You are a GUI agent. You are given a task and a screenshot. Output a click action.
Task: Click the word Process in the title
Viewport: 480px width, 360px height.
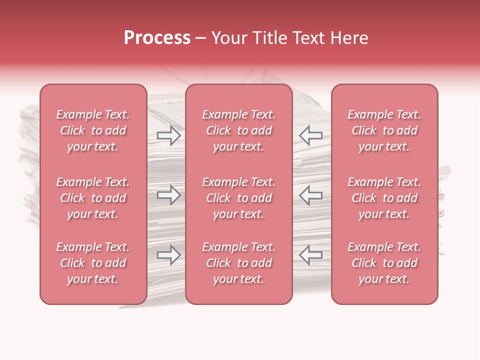157,38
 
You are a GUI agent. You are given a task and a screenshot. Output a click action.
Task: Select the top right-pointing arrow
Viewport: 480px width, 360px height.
168,135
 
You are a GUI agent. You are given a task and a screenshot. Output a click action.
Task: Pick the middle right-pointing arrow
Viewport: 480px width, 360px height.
168,195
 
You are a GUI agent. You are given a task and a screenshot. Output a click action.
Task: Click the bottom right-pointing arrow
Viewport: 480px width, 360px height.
168,255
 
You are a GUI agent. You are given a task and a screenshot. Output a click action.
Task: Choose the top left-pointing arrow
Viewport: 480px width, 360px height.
311,135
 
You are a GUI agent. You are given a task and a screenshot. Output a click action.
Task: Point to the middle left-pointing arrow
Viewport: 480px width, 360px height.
311,195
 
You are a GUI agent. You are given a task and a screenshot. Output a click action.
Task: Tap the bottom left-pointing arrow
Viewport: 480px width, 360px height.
311,255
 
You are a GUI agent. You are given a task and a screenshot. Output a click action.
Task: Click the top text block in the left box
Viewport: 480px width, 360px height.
93,130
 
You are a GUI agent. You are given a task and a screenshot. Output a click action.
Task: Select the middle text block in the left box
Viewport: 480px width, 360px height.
93,198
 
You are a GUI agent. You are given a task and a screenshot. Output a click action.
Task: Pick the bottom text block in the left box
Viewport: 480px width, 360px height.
93,263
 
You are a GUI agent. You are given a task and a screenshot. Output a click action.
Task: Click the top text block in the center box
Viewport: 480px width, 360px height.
239,130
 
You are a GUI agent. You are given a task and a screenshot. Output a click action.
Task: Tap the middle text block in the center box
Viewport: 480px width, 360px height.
239,198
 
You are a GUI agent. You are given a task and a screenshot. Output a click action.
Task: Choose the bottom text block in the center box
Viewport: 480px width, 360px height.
239,263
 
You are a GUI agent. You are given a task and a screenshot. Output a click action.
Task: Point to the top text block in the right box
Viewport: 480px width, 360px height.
384,130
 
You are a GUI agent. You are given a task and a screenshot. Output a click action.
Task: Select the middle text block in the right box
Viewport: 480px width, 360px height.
384,198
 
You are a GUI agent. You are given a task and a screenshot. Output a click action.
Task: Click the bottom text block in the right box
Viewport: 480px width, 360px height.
384,263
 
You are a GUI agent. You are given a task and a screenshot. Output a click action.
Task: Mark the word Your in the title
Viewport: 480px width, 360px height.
228,38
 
